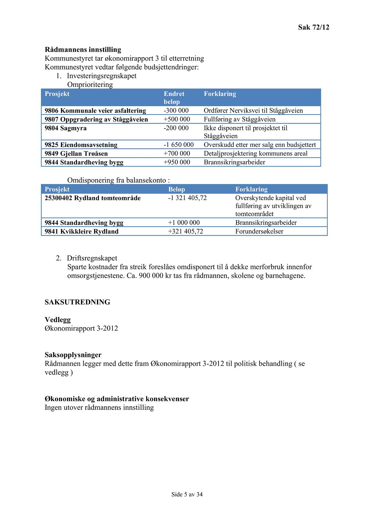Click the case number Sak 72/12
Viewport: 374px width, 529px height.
click(313, 27)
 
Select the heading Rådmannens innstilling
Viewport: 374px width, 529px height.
click(83, 49)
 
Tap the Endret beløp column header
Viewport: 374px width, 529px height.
click(174, 98)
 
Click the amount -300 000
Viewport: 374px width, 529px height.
click(176, 111)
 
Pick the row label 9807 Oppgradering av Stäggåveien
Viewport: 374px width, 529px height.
click(96, 119)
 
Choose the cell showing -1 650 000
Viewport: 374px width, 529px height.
click(178, 145)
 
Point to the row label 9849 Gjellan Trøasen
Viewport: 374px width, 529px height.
click(76, 153)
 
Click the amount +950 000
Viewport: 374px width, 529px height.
click(177, 162)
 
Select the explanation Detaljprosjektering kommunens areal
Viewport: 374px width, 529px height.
click(255, 153)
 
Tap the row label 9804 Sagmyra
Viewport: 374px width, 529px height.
click(66, 128)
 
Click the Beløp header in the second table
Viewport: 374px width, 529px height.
click(176, 189)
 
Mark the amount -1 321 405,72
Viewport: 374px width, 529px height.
click(187, 198)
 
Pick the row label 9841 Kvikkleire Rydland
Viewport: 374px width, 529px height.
click(81, 231)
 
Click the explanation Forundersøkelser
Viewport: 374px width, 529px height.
click(259, 231)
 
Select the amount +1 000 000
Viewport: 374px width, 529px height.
click(184, 223)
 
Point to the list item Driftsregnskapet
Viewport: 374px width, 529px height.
click(92, 258)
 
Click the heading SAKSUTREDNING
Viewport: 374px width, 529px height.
click(77, 302)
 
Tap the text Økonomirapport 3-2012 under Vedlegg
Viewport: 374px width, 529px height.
click(81, 328)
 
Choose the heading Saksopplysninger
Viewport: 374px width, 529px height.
click(73, 355)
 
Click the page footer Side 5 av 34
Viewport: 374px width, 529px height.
click(187, 494)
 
